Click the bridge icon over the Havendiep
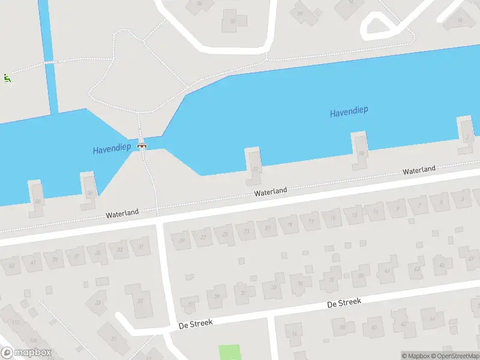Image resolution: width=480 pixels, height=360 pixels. click(x=142, y=144)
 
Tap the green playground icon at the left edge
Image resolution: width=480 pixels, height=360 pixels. click(x=7, y=77)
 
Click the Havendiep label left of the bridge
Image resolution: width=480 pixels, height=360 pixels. click(x=112, y=149)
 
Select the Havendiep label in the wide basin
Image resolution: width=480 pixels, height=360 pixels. click(x=349, y=112)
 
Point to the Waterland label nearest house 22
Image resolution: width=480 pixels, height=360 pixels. click(x=270, y=192)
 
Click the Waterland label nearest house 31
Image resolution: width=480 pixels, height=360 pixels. click(x=122, y=213)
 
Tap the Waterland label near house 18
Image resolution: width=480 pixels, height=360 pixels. click(x=419, y=170)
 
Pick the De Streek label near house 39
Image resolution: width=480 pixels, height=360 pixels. click(x=344, y=303)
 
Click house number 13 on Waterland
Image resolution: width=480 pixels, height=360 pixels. click(x=354, y=214)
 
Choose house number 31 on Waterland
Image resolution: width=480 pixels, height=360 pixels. click(x=141, y=246)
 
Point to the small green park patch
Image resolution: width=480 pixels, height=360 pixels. click(x=229, y=352)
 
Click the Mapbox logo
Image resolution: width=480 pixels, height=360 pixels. click(x=26, y=353)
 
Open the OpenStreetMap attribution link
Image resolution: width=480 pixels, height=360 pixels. click(x=454, y=356)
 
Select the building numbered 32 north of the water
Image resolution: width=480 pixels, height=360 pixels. click(x=234, y=22)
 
